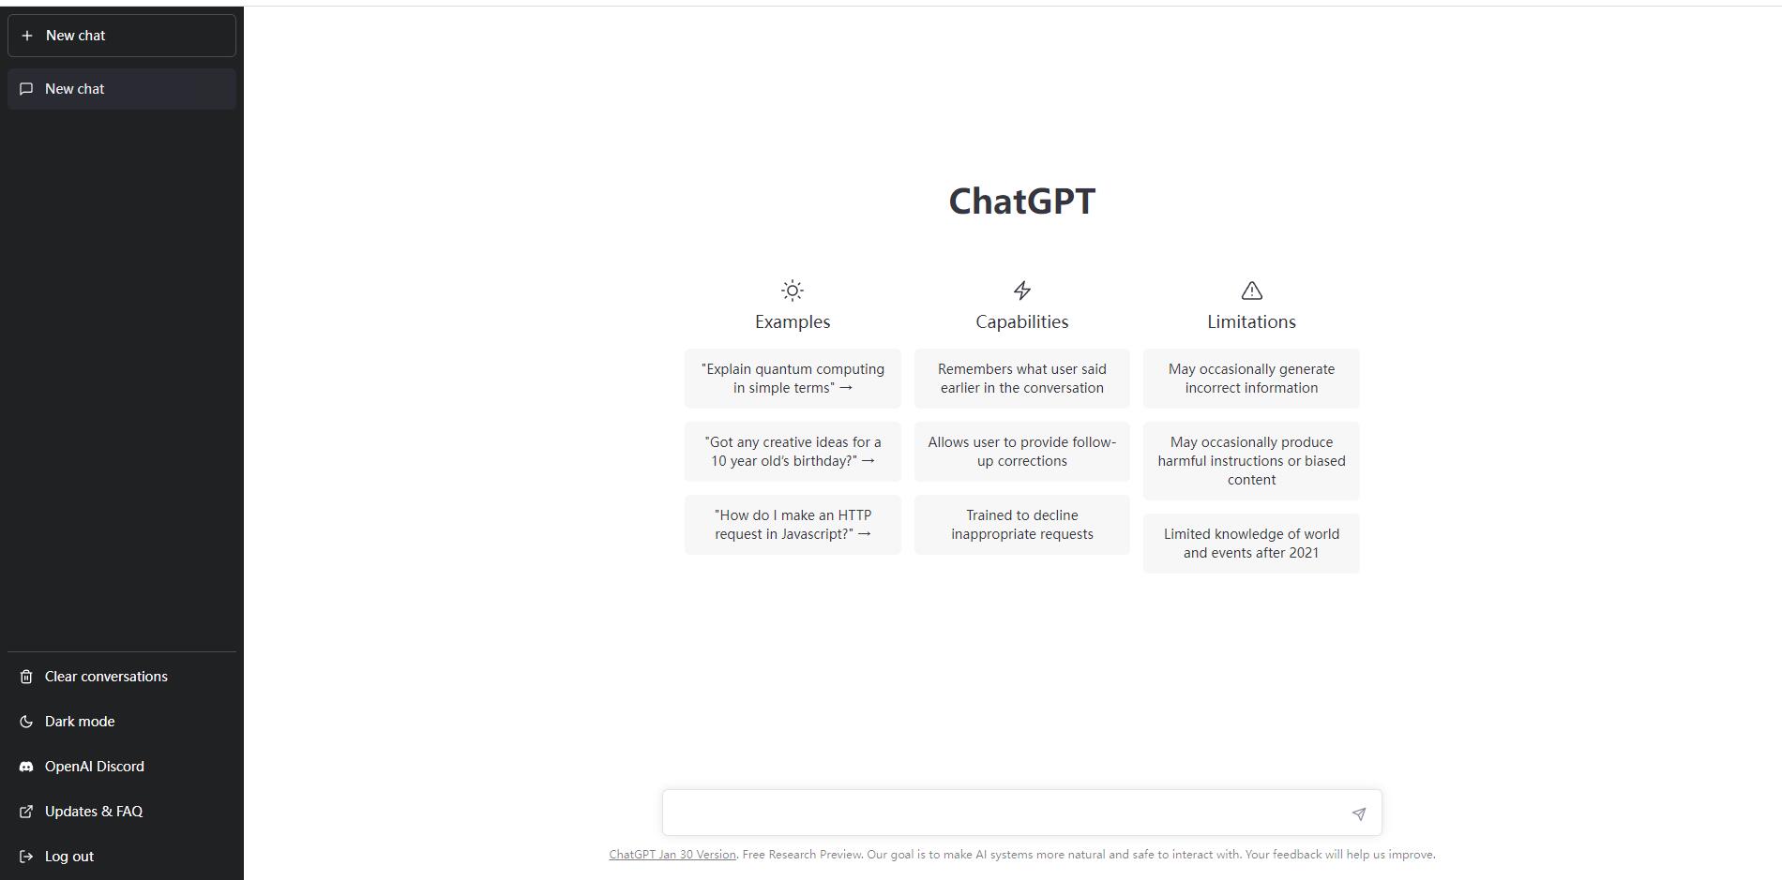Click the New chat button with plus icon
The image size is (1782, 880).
pos(122,36)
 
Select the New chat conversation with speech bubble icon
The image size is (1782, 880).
pos(122,89)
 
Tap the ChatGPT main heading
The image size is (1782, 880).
pos(1021,201)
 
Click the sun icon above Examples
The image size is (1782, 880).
pos(793,291)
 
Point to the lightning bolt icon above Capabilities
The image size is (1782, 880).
pos(1022,291)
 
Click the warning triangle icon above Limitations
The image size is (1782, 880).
pos(1251,291)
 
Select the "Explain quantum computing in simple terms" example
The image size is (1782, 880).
pos(793,379)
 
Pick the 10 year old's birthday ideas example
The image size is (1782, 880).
pos(793,452)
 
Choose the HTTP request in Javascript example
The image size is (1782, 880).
pos(793,525)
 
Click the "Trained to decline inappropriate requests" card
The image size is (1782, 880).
pos(1022,525)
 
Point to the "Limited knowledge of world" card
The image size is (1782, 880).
pos(1251,544)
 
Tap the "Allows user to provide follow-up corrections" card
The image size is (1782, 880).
pos(1022,452)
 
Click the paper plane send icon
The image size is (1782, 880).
pos(1359,813)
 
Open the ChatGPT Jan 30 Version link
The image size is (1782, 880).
pos(672,855)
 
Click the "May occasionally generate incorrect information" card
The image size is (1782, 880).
pos(1251,379)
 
